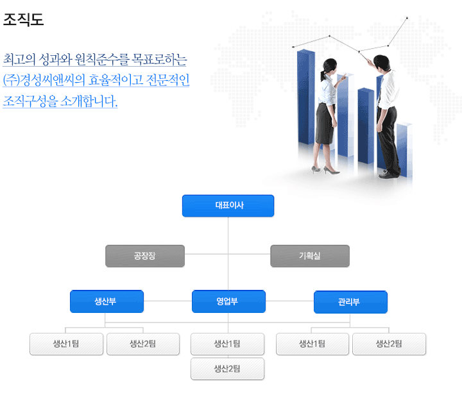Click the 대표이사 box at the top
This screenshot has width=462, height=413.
[x=228, y=206]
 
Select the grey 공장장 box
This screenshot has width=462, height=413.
[x=145, y=256]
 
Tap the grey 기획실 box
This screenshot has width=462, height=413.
[x=310, y=256]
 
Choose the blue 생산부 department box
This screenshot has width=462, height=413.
[x=107, y=301]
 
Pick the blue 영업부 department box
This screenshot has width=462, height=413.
[x=228, y=301]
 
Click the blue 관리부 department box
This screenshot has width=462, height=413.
[x=350, y=302]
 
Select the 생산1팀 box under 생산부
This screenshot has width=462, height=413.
[x=66, y=344]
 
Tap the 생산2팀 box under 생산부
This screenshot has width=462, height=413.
[x=142, y=344]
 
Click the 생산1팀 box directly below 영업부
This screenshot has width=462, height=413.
[x=227, y=344]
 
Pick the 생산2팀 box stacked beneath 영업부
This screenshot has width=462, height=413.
[x=227, y=369]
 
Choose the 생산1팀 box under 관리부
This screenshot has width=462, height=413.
[x=312, y=344]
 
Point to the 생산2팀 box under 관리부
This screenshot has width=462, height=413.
[x=389, y=344]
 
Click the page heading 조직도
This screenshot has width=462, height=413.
[x=23, y=20]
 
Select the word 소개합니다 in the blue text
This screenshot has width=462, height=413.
[x=90, y=101]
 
